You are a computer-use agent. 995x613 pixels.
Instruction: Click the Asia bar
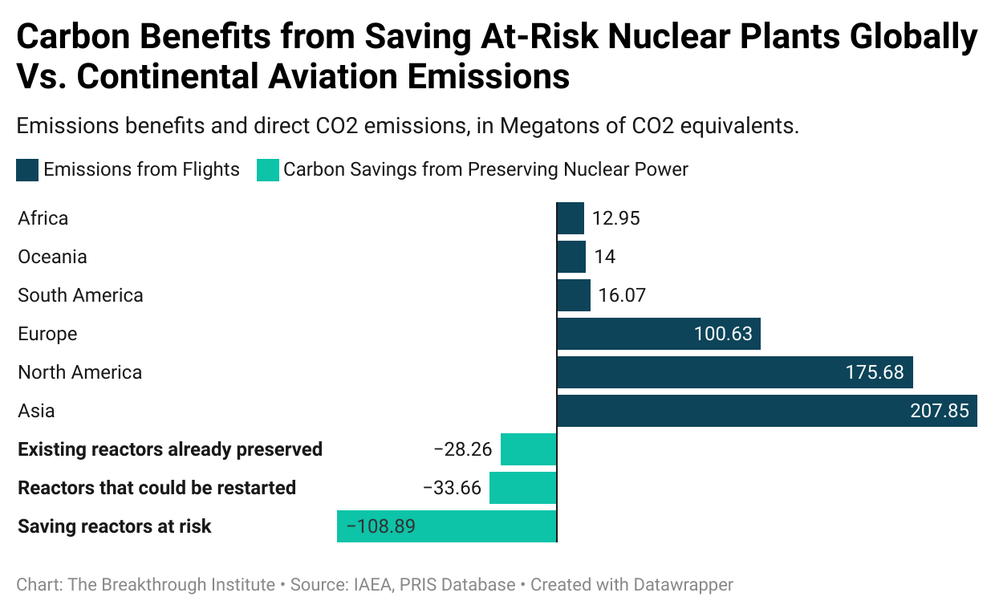766,411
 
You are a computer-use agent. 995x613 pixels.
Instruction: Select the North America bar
734,372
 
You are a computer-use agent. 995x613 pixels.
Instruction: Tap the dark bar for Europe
658,334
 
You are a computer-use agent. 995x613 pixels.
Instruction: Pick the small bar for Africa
571,218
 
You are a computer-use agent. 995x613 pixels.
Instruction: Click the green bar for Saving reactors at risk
446,526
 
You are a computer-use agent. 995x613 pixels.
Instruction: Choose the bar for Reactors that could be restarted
522,488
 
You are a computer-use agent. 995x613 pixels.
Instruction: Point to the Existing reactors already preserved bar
528,449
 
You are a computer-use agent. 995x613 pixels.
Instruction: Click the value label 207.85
939,411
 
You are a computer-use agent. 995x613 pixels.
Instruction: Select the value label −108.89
380,526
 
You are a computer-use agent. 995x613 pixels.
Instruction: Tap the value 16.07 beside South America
622,295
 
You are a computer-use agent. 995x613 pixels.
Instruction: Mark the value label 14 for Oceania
604,257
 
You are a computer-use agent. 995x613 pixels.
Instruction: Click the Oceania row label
52,257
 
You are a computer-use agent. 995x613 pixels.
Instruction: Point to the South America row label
80,295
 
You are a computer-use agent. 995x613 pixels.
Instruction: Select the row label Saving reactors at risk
115,526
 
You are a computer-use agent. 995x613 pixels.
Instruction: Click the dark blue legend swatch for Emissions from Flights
27,170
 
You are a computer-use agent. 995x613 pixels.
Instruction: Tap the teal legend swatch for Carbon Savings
267,170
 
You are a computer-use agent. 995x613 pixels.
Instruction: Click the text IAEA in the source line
373,585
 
